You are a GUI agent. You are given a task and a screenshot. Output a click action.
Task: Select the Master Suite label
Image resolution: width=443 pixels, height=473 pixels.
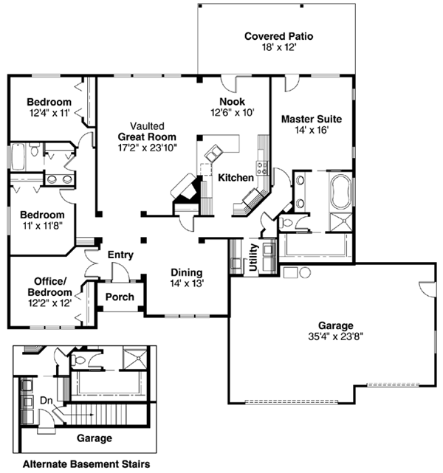pos(311,117)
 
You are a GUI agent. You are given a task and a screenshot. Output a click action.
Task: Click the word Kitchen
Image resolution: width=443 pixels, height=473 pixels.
pos(236,178)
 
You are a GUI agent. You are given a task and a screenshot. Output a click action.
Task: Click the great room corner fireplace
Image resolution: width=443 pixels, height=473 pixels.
pos(184,190)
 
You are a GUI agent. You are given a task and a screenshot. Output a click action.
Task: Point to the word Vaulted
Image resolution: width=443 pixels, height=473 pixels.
pos(147,126)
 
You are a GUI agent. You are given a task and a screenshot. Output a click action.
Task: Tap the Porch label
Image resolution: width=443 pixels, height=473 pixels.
pos(120,297)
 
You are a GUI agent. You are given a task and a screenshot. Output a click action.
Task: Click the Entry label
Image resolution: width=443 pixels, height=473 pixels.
pos(120,255)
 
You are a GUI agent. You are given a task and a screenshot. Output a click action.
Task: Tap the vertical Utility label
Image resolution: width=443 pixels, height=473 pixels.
pos(253,258)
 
